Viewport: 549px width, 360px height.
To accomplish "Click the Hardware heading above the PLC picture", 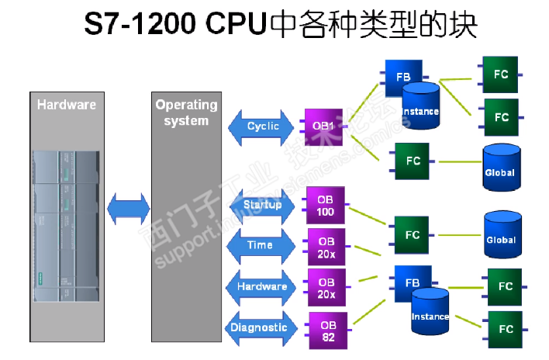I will coord(67,104).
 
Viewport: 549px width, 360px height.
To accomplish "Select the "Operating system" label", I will coord(186,112).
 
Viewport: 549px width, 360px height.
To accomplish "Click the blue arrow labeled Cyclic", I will coord(262,126).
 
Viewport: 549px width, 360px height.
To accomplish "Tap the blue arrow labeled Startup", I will coord(262,205).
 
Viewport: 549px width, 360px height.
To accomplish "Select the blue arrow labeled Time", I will coord(261,245).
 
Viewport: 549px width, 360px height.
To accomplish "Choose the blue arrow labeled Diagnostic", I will coord(259,327).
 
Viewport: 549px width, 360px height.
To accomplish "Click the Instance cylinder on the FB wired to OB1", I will coord(421,109).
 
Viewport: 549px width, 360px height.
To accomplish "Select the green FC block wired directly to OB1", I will coord(413,161).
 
